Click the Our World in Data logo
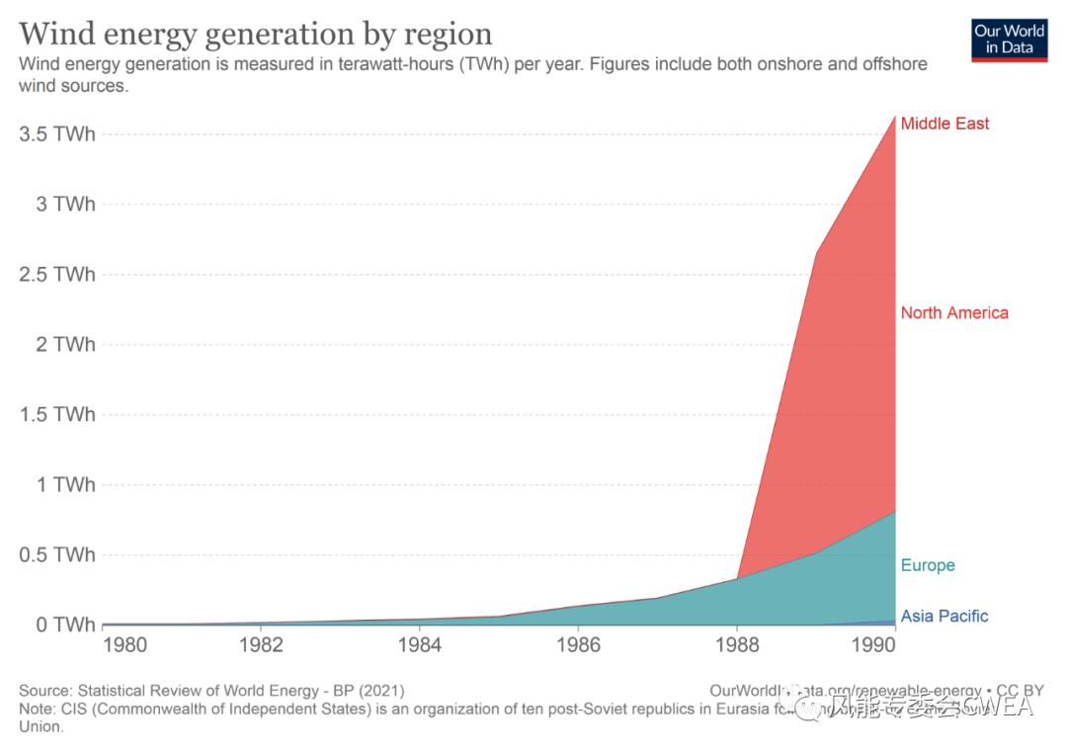pos(1009,39)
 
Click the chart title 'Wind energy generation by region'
pos(255,34)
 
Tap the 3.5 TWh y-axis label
pos(58,133)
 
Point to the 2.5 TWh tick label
pos(58,274)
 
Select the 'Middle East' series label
pos(944,124)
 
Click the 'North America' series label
pos(954,313)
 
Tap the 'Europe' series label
pos(928,565)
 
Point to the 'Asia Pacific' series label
pos(944,617)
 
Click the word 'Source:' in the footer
pos(44,691)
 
